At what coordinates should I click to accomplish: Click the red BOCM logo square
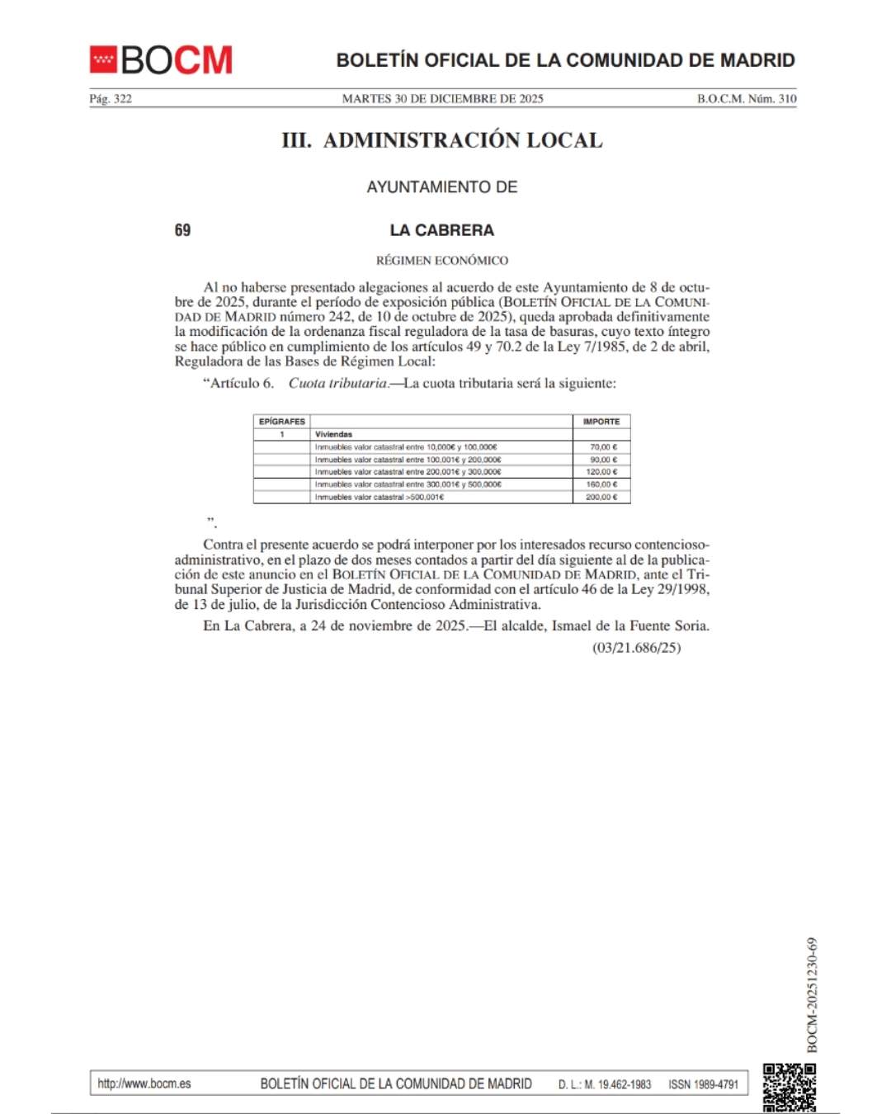(103, 59)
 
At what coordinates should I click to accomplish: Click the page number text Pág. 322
(111, 99)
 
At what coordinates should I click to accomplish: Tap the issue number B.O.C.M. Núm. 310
(747, 99)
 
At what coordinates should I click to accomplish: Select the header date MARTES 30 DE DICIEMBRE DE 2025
(442, 99)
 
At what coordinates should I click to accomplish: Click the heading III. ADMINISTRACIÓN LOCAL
(442, 140)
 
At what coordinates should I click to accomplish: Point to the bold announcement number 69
(182, 230)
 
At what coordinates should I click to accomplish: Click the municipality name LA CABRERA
(442, 230)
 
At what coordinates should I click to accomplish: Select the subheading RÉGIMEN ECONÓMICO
(442, 261)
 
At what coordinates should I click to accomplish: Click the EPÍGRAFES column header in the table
(282, 422)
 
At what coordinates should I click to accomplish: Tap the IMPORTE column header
(601, 422)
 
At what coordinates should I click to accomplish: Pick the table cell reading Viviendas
(333, 434)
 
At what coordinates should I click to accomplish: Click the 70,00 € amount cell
(603, 447)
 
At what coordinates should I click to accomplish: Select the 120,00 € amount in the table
(601, 472)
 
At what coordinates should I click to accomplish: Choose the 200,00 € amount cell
(601, 498)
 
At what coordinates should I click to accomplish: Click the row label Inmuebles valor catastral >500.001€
(379, 498)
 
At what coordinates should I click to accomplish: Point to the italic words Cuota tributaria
(337, 384)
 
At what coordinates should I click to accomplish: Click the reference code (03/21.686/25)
(636, 648)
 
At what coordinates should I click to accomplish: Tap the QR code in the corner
(789, 1088)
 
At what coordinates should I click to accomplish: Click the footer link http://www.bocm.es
(144, 1083)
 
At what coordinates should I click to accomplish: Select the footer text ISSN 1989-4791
(703, 1084)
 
